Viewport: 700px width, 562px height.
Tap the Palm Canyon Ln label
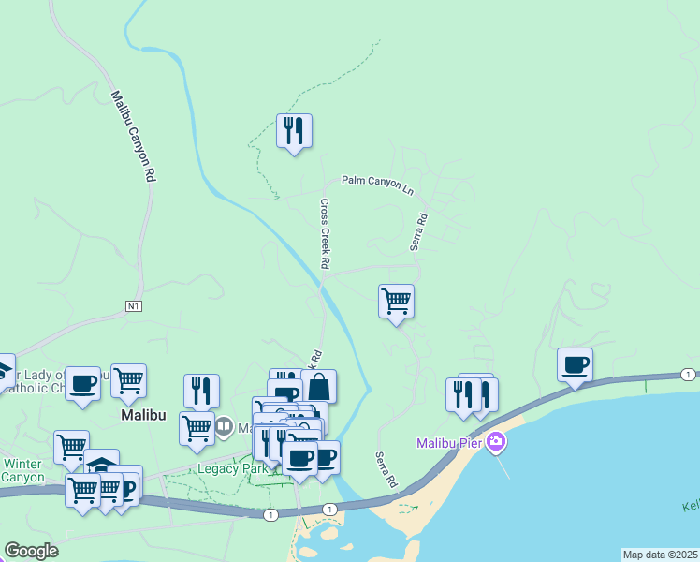377,185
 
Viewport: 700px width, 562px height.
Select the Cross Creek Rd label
325,233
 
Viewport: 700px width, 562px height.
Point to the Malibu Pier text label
448,442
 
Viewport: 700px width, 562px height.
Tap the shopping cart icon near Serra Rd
396,301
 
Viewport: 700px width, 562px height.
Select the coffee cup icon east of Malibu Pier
575,364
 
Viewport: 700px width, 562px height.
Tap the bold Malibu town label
144,414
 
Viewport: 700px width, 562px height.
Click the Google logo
31,551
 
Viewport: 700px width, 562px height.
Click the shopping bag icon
318,386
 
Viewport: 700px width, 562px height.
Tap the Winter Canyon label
22,470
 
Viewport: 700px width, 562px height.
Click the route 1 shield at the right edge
688,375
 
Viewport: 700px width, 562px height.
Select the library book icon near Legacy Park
224,428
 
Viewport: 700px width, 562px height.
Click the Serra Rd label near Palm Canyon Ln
417,231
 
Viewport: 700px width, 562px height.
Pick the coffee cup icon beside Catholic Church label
82,382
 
